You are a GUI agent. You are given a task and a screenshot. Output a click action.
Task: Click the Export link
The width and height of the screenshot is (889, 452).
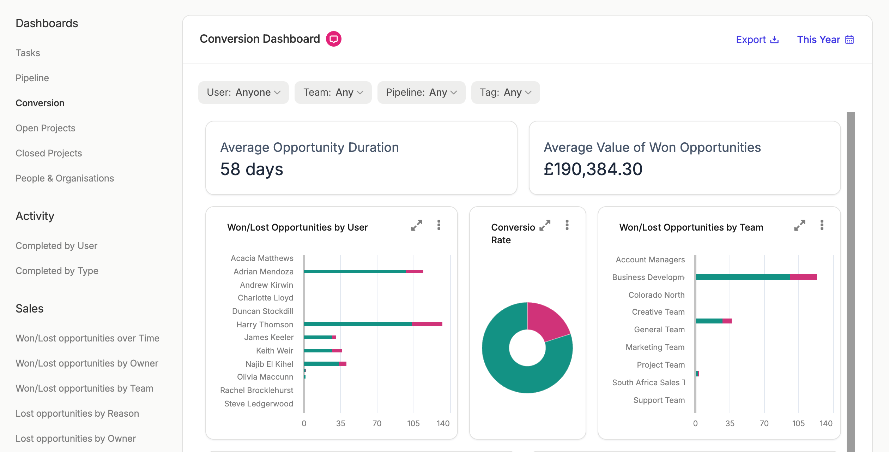pos(757,40)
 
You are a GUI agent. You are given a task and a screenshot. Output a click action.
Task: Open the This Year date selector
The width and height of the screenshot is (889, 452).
pos(825,40)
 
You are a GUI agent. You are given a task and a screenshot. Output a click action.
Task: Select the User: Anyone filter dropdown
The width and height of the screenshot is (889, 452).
pos(243,93)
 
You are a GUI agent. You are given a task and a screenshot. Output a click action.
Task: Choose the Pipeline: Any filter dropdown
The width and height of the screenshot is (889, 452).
pos(421,93)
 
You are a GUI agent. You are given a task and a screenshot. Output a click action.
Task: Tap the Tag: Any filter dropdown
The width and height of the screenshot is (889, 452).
pos(506,93)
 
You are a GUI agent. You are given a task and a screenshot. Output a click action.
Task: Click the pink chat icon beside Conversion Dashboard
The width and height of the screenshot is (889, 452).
pos(333,39)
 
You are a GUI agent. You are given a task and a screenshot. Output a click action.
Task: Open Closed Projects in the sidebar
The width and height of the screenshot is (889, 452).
pos(49,153)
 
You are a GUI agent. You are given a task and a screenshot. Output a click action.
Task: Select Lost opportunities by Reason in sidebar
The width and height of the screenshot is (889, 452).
pos(77,414)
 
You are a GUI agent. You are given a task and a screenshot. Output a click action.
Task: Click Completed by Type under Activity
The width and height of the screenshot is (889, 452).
pos(57,271)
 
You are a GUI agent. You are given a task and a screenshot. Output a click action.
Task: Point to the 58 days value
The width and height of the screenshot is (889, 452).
pos(252,169)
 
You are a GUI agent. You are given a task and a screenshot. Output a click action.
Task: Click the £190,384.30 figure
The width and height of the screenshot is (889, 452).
pos(593,169)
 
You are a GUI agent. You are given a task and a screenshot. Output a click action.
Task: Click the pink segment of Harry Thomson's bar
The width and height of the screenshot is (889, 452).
pos(427,324)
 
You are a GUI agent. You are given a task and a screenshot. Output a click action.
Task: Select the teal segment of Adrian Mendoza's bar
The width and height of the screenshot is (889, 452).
pos(355,272)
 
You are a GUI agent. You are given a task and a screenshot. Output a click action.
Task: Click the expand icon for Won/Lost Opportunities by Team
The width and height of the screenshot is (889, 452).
pos(799,225)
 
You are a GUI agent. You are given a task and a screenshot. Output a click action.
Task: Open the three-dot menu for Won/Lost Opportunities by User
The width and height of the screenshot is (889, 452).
pos(439,225)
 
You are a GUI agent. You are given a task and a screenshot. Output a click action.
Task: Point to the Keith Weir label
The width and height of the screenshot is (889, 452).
pos(274,351)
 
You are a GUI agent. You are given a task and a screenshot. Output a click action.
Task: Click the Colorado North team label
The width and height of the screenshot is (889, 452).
pos(657,295)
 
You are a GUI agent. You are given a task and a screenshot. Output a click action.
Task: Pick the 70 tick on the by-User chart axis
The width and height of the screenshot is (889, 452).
pos(377,423)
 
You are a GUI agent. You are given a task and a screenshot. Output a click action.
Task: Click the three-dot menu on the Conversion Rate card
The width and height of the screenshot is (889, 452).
pos(567,225)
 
